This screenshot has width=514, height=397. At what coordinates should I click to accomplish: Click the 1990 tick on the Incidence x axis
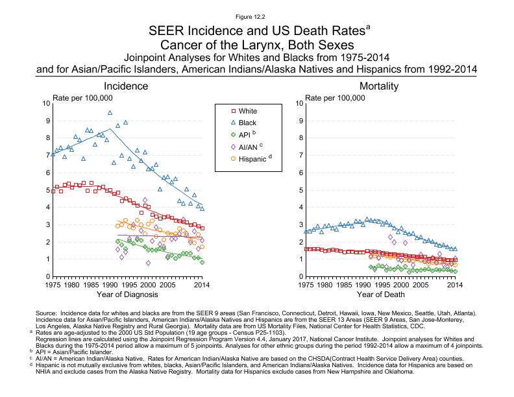click(110, 284)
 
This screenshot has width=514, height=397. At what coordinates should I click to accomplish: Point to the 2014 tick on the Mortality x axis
click(455, 284)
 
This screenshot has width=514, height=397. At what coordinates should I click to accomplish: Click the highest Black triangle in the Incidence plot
click(110, 112)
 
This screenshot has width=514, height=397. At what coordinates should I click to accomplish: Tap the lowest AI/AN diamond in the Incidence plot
click(148, 263)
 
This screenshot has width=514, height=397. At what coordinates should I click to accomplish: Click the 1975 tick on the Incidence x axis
click(53, 284)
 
